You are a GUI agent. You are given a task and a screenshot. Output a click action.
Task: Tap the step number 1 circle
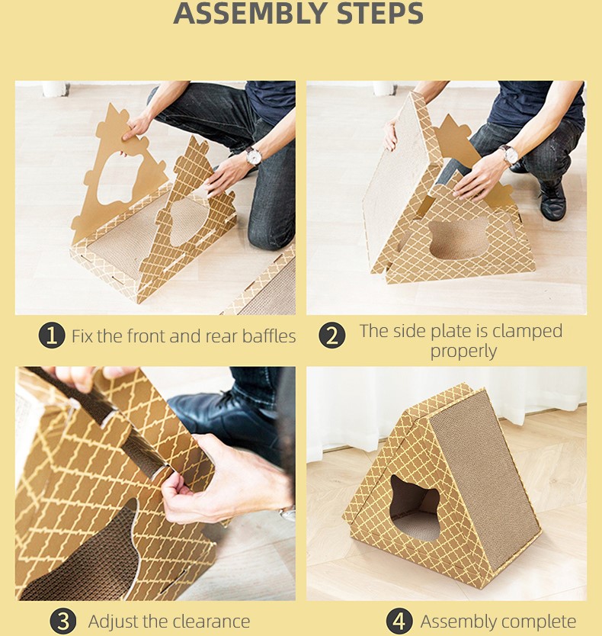(x=52, y=335)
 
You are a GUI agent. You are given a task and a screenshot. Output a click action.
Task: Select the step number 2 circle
(x=332, y=335)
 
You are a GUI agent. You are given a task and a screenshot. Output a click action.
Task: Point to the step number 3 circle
(x=62, y=621)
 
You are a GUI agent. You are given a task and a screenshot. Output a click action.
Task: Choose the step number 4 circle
(x=399, y=621)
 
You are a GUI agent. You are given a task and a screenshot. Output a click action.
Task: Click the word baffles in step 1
(x=269, y=336)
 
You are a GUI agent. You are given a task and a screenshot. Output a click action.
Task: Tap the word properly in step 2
(x=463, y=352)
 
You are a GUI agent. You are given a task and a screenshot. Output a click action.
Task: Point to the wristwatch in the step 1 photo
(x=253, y=156)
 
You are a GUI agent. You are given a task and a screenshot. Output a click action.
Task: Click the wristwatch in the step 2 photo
(x=508, y=154)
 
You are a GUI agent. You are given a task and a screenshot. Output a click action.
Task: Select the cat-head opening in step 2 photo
(x=458, y=238)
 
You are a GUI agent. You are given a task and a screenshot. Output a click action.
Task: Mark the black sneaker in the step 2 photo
(x=552, y=200)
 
